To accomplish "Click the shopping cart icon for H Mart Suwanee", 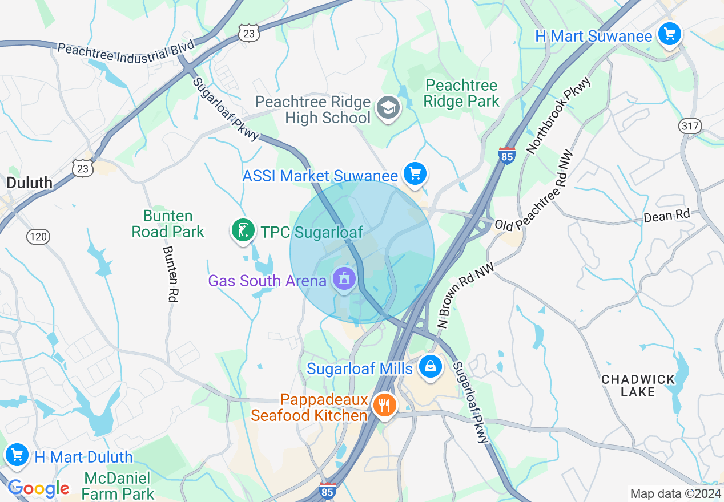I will tap(669, 34).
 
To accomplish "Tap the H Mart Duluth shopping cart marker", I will tap(17, 455).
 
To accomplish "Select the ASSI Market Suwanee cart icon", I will tap(415, 173).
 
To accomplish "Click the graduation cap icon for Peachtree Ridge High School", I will tap(388, 107).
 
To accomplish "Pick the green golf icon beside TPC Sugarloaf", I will tap(243, 230).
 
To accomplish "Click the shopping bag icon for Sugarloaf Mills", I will tap(431, 367).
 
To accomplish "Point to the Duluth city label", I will tap(29, 183).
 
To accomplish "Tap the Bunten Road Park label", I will tap(168, 224).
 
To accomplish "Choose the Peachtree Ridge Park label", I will tap(462, 94).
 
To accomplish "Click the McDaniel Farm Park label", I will tap(118, 485).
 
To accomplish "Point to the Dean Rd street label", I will tap(667, 216).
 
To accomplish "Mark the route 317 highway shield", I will tap(690, 126).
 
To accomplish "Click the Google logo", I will tap(38, 488).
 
